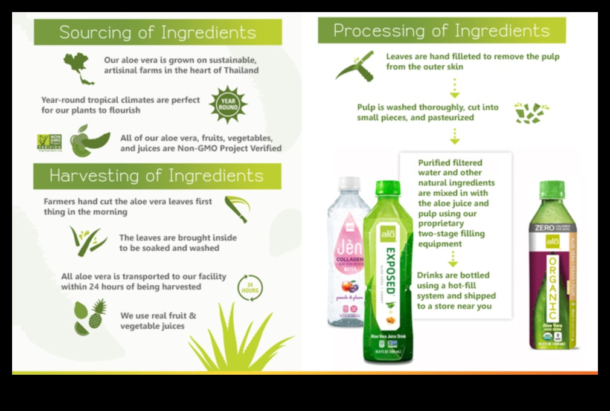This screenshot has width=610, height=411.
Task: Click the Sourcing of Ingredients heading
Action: click(x=158, y=32)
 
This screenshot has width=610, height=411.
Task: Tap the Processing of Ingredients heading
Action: click(x=441, y=30)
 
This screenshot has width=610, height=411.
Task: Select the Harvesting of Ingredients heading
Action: click(x=156, y=176)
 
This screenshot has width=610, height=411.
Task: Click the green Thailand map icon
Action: click(x=78, y=67)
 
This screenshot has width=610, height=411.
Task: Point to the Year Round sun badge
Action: click(x=228, y=105)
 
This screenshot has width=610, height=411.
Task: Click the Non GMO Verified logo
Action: click(x=49, y=143)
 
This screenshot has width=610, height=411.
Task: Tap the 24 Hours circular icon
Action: click(x=249, y=287)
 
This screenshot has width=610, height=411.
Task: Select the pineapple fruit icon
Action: click(x=97, y=313)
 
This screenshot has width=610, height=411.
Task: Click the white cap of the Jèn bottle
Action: click(x=350, y=184)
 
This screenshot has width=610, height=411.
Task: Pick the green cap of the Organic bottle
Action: click(x=551, y=187)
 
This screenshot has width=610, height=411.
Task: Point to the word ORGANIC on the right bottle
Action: click(x=551, y=289)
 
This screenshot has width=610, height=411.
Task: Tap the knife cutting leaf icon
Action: click(x=355, y=66)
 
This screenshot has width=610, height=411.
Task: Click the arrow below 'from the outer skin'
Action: click(x=454, y=87)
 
